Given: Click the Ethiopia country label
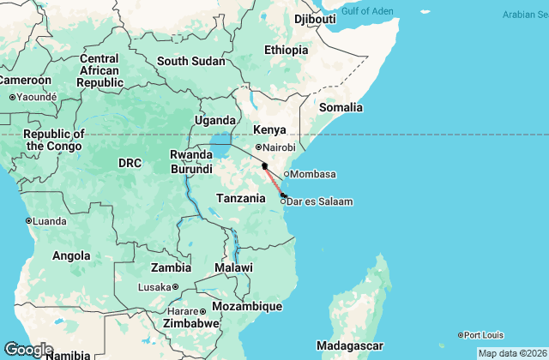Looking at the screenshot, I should coord(286,50).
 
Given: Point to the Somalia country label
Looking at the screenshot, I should coord(341,108).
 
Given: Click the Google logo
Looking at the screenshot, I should coord(28,350).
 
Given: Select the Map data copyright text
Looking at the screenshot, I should coord(511,353).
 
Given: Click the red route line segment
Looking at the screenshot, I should coord(274,180).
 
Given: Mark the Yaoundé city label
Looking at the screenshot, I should coord(36,97).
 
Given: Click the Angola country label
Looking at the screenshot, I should coord(71,255).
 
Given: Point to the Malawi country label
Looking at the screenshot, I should coord(234,267).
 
